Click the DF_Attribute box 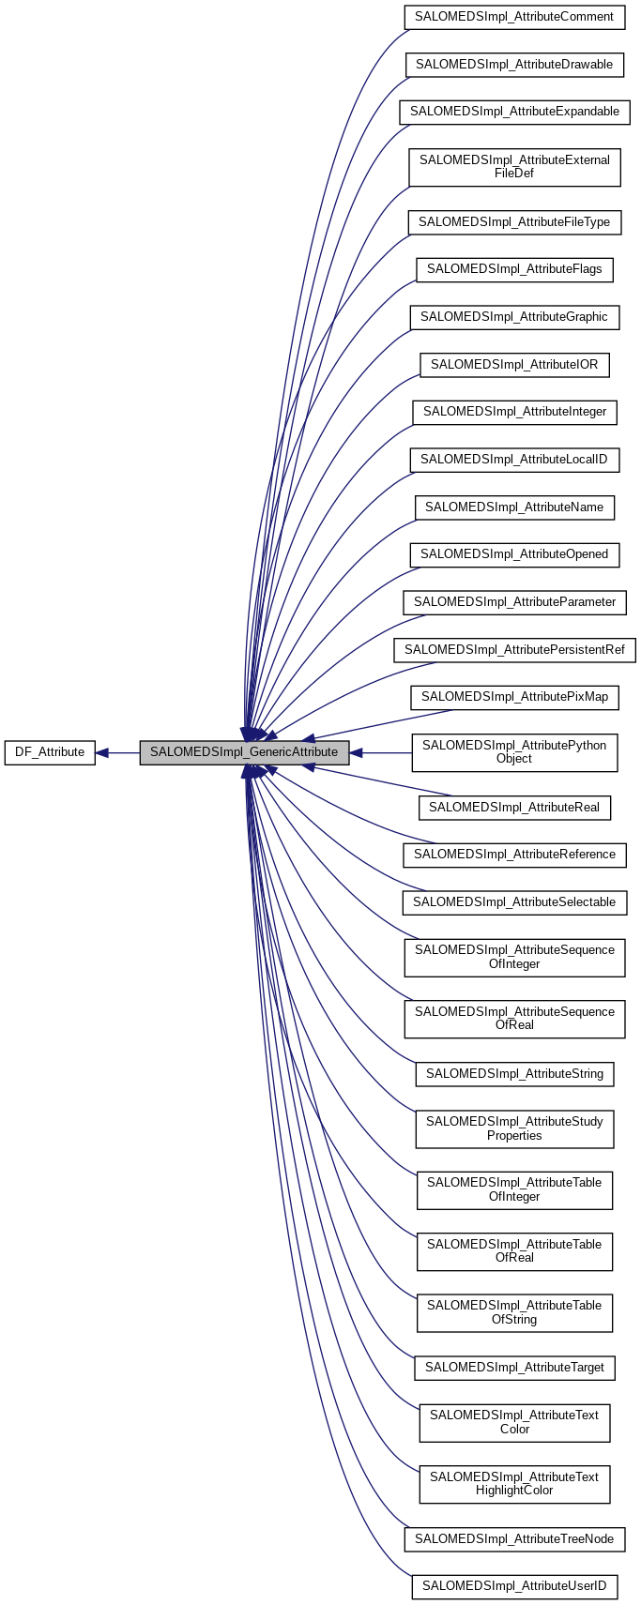(50, 752)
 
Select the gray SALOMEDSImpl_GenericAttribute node (244, 752)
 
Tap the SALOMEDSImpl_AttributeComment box (514, 17)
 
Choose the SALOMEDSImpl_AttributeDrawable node (514, 65)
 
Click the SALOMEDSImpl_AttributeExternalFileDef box (514, 167)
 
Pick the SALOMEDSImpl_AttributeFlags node (514, 269)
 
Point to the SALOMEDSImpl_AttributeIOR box (514, 364)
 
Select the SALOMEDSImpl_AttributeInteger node (514, 412)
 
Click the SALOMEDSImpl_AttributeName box (514, 507)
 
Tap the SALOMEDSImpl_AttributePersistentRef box (514, 650)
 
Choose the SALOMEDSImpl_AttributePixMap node (514, 697)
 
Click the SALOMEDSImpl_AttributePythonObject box (514, 752)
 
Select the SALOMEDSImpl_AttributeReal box (514, 808)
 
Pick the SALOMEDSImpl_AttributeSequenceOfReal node (514, 1019)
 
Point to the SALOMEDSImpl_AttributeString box (514, 1074)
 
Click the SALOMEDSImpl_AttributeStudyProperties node (514, 1128)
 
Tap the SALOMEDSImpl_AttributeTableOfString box (514, 1312)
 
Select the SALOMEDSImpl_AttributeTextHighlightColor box (514, 1484)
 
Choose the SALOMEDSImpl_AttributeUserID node (514, 1586)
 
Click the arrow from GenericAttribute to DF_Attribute (118, 752)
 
